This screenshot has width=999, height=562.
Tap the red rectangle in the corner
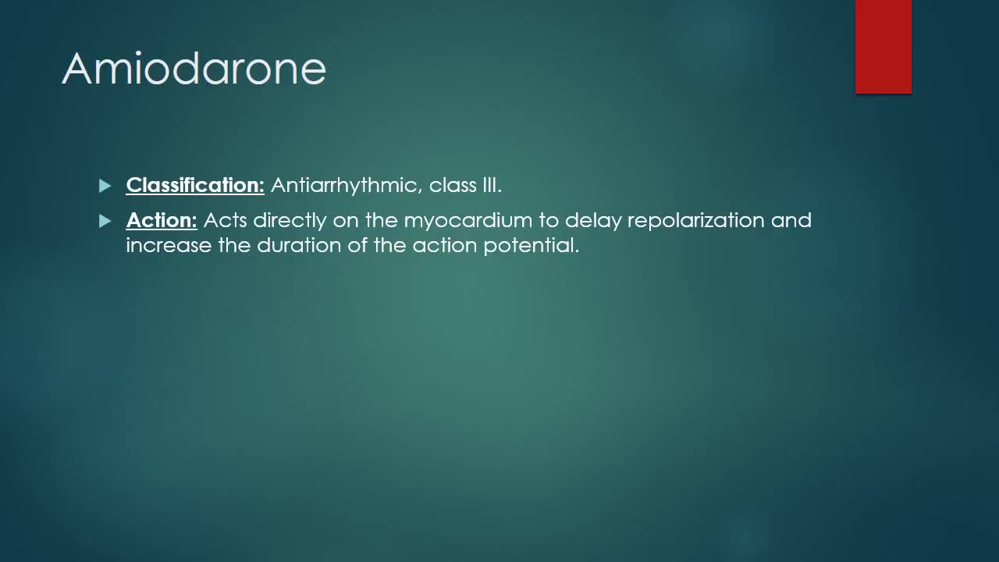pyautogui.click(x=883, y=47)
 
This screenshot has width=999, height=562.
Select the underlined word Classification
pyautogui.click(x=195, y=185)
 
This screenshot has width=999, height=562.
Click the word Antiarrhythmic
pyautogui.click(x=347, y=185)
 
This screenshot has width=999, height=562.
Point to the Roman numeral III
pyautogui.click(x=492, y=185)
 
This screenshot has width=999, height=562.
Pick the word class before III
pyautogui.click(x=453, y=185)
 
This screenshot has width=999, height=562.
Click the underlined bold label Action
pyautogui.click(x=162, y=220)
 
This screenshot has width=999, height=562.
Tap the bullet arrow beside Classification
pyautogui.click(x=105, y=186)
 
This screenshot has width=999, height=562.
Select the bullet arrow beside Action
pyautogui.click(x=105, y=221)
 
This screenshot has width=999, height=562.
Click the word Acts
pyautogui.click(x=225, y=220)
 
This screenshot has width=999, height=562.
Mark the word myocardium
pyautogui.click(x=468, y=221)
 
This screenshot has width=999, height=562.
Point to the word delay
pyautogui.click(x=593, y=221)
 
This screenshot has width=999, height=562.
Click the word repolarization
pyautogui.click(x=695, y=221)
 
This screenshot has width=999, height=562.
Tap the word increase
pyautogui.click(x=169, y=246)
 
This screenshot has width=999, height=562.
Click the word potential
pyautogui.click(x=531, y=246)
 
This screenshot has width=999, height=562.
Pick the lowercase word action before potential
pyautogui.click(x=445, y=245)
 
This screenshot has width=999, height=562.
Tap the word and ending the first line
pyautogui.click(x=791, y=220)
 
